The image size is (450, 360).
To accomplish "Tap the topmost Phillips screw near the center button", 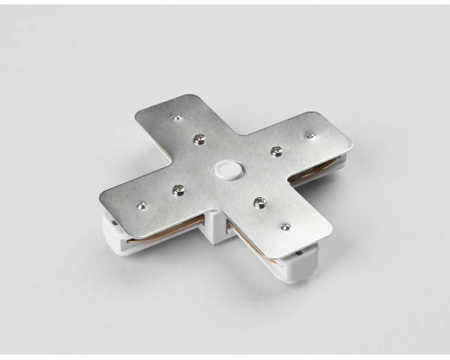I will point(198,138).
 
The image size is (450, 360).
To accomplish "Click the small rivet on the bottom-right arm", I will point(284,228).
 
